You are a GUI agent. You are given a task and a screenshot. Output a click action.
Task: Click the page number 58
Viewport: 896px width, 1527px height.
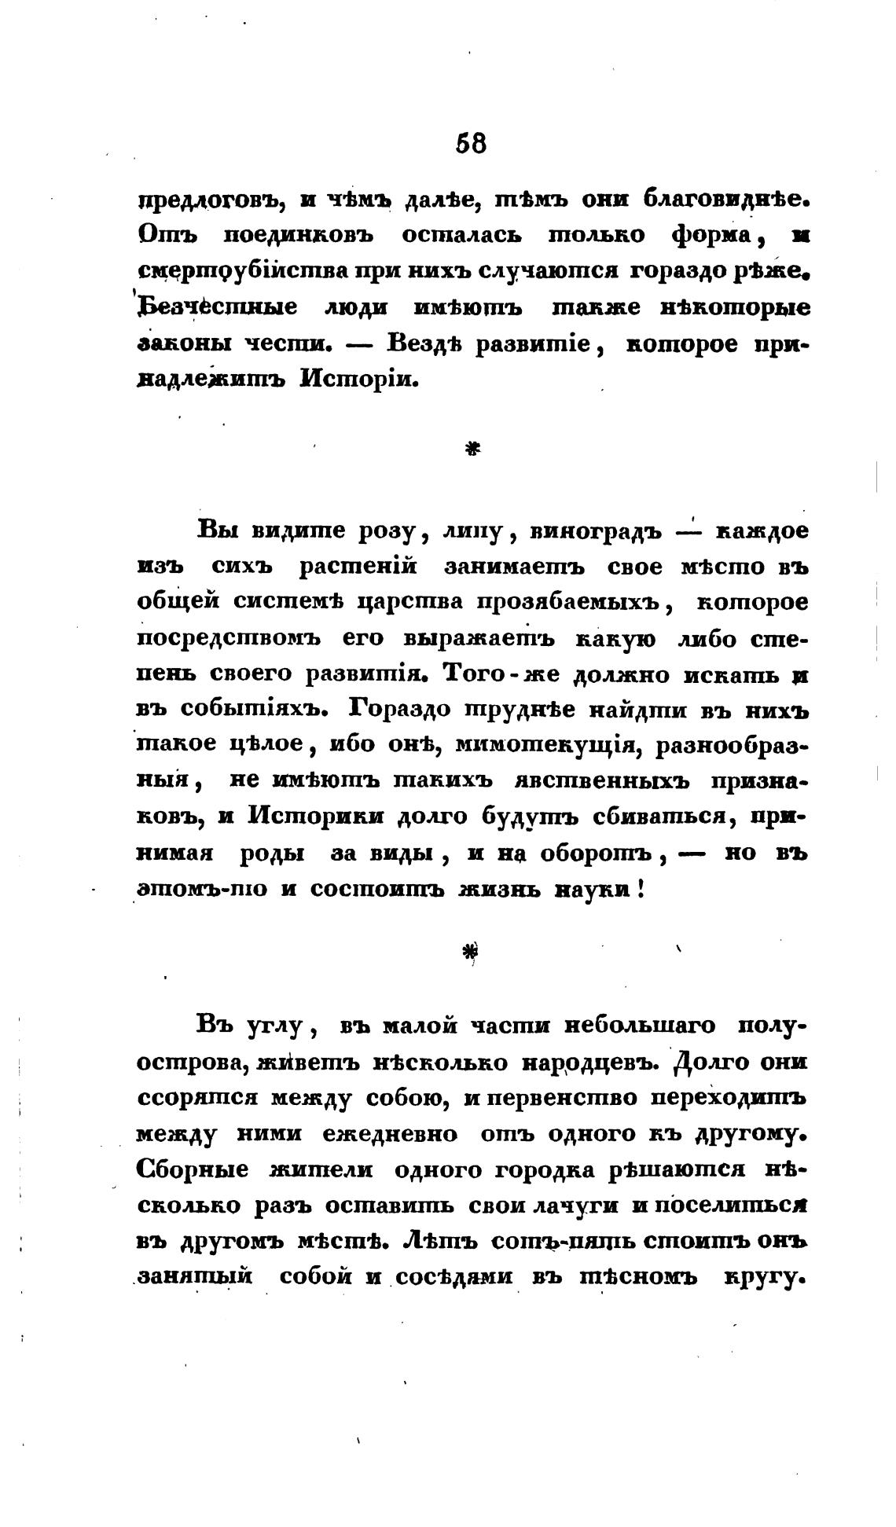pyautogui.click(x=471, y=143)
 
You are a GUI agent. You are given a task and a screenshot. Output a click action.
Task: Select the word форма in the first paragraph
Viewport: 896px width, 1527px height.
pyautogui.click(x=712, y=235)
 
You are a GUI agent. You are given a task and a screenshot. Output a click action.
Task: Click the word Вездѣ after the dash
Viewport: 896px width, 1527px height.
pyautogui.click(x=429, y=344)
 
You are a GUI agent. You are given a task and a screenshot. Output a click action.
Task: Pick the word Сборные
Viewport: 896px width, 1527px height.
pyautogui.click(x=193, y=1169)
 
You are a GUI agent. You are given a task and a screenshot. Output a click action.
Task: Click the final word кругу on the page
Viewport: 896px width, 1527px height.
pyautogui.click(x=766, y=1277)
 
